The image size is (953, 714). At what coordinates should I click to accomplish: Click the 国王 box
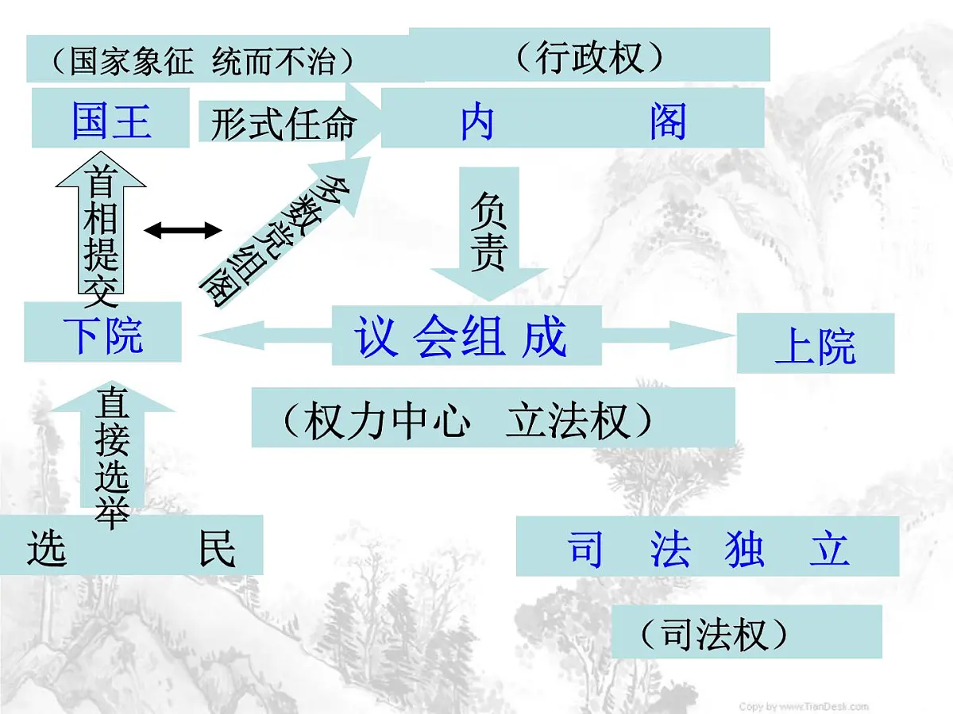coord(110,119)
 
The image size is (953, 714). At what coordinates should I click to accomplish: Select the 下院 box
coord(103,333)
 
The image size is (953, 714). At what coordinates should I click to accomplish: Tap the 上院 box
coord(815,345)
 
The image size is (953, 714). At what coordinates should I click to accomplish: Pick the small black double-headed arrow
coord(183,231)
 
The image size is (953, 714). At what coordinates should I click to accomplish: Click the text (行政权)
coord(588,57)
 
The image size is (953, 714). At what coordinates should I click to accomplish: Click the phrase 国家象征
coord(131,62)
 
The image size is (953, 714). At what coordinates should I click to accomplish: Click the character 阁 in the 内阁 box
coord(667,122)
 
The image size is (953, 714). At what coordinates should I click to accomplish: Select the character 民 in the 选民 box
coord(217,547)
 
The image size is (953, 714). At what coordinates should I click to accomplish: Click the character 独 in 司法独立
coord(744,549)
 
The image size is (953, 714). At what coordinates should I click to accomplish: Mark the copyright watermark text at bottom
coord(804,706)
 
